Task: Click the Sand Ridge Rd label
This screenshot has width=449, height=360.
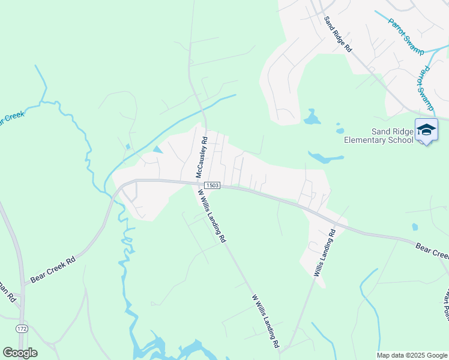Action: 337,35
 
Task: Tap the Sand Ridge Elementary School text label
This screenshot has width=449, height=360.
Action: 378,136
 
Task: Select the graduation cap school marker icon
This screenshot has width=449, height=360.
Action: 426,130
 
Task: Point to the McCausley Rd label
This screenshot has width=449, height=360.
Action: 202,157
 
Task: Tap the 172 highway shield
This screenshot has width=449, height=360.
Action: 22,329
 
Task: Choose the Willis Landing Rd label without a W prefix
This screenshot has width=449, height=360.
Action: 323,251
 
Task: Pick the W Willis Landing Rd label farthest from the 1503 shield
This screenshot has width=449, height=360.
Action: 265,321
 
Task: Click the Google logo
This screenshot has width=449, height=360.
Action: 20,353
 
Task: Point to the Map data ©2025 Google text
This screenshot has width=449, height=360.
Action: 412,355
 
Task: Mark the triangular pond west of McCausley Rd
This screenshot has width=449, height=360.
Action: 157,149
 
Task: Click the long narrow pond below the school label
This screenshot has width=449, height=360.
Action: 326,158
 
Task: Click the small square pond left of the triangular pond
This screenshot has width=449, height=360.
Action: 128,146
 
